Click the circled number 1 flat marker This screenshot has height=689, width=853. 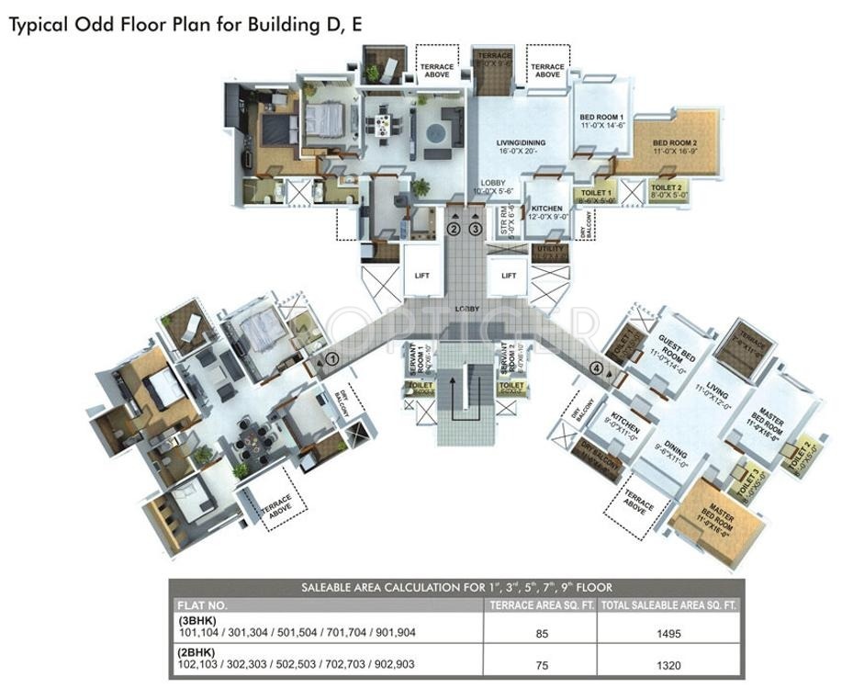click(x=332, y=359)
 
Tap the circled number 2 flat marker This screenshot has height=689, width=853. click(x=453, y=228)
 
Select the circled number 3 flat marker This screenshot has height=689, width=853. click(x=475, y=228)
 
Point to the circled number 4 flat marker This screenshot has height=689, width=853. click(x=599, y=369)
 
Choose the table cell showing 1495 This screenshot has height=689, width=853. click(x=668, y=633)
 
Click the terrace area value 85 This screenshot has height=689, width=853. click(x=540, y=633)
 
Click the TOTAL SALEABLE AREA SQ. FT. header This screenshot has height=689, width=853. click(x=668, y=605)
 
